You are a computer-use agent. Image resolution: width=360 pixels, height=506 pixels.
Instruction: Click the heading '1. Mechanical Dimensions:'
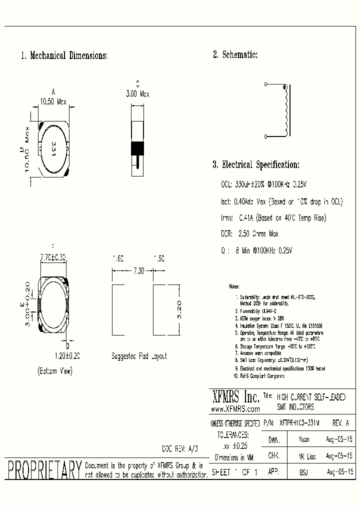click(x=64, y=55)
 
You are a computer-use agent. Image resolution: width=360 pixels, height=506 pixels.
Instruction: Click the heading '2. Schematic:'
click(x=235, y=55)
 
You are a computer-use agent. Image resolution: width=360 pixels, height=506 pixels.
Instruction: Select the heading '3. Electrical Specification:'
click(x=256, y=164)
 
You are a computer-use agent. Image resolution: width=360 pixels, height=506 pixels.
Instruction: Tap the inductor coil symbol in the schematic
click(x=285, y=111)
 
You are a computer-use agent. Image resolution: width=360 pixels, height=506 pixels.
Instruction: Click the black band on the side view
click(x=137, y=148)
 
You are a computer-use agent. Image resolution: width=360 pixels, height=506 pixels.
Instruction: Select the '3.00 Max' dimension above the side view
click(x=137, y=93)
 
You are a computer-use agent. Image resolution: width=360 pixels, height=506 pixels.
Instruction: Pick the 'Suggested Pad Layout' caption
click(x=139, y=356)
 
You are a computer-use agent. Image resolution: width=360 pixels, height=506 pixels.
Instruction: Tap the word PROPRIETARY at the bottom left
click(x=44, y=470)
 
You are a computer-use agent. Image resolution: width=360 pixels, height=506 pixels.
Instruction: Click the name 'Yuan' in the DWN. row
click(x=303, y=439)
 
